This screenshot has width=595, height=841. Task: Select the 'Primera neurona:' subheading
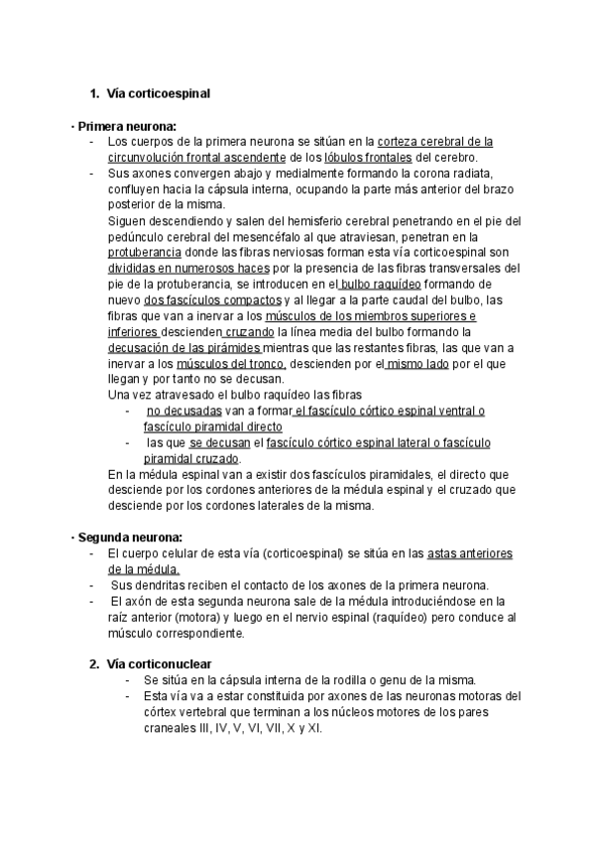tap(127, 126)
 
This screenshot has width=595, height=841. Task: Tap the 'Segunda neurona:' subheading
tap(129, 537)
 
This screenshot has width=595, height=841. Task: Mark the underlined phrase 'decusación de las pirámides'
tap(184, 348)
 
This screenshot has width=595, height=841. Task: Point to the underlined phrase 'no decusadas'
tap(182, 412)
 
